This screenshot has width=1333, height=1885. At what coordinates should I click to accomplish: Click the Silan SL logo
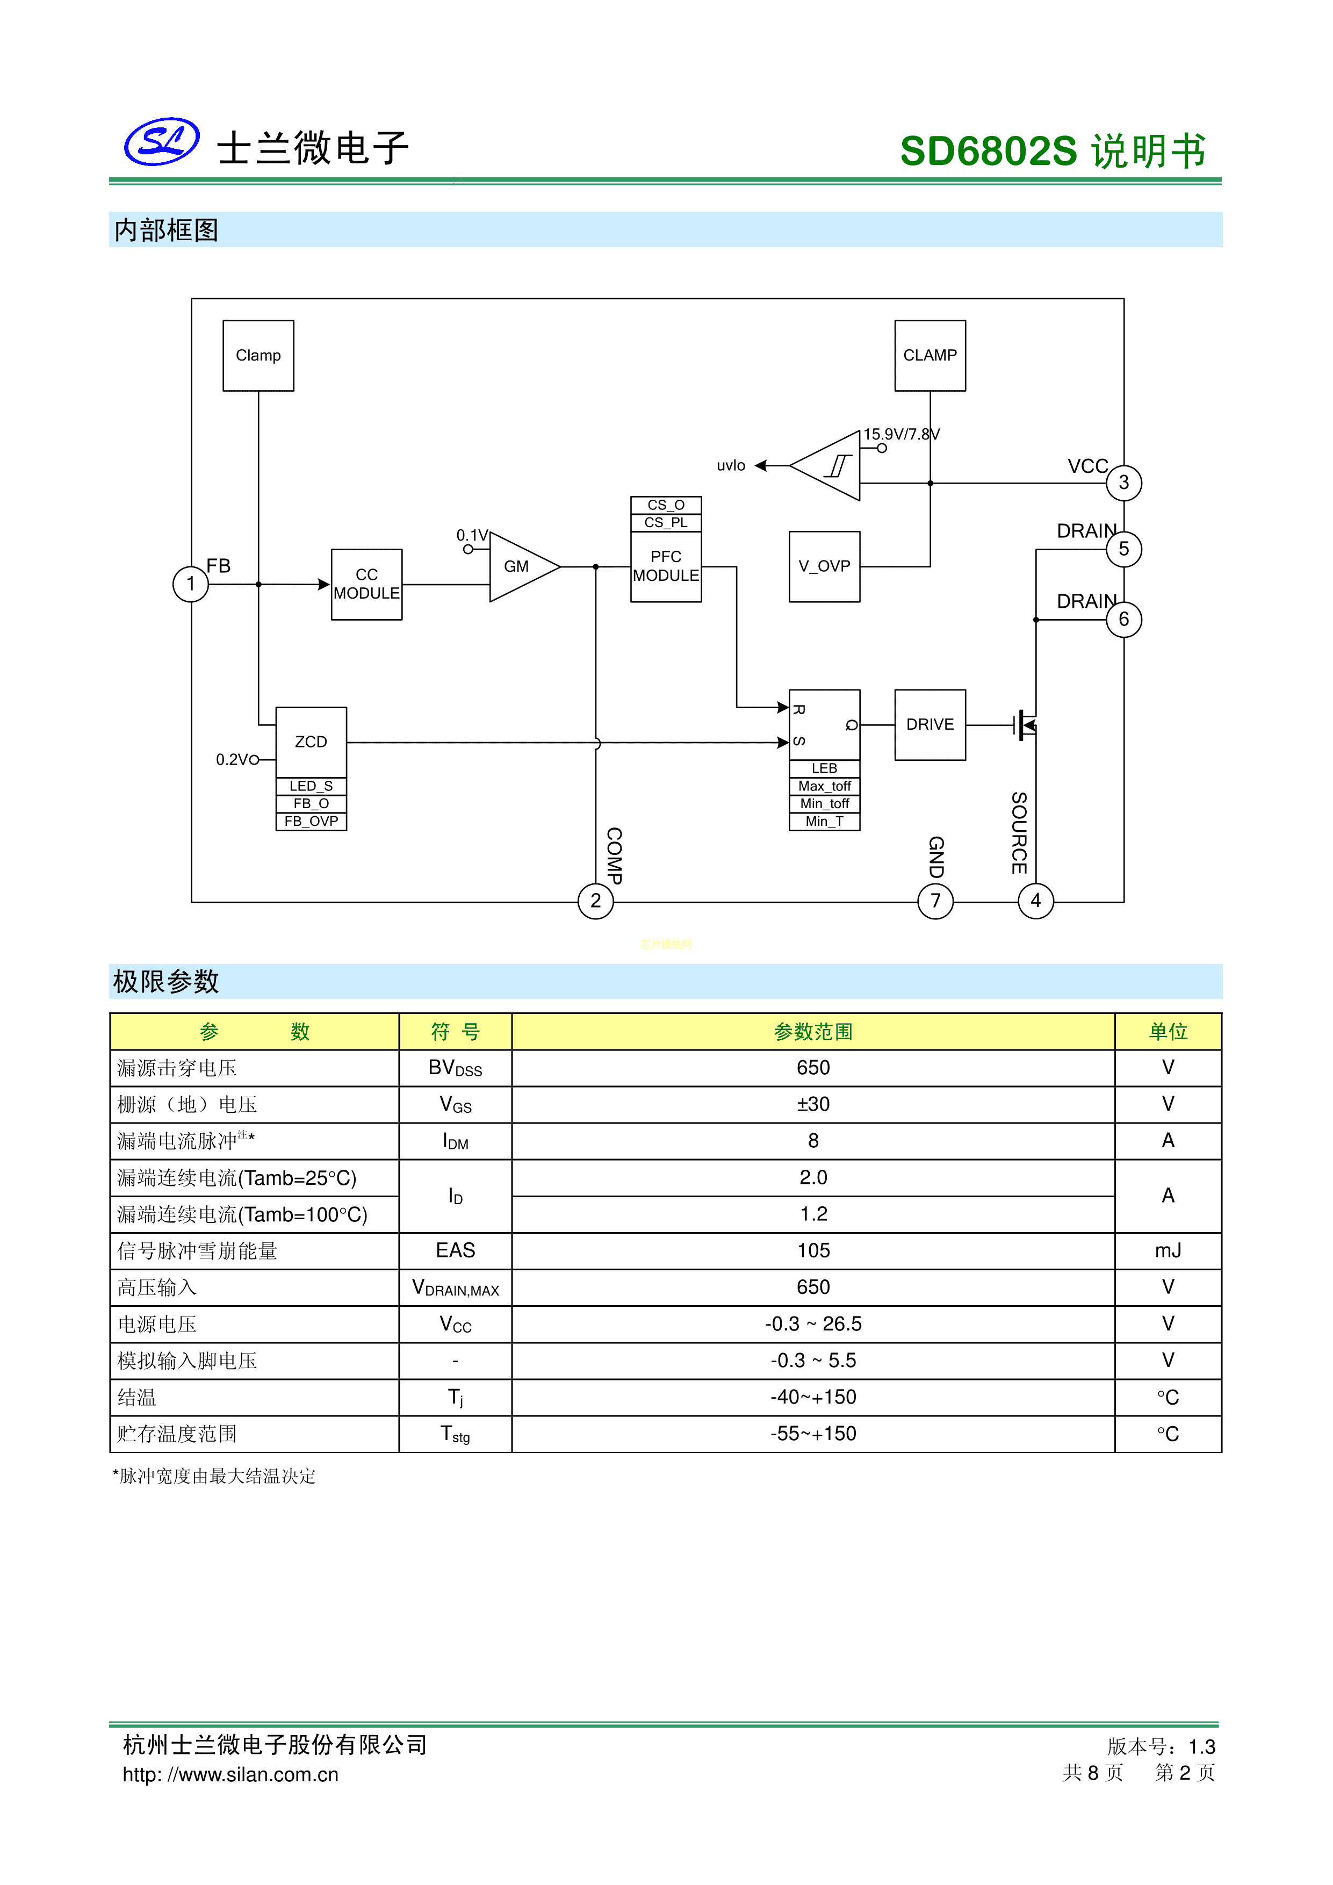(162, 141)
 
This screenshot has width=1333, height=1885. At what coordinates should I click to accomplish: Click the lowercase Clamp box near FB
(258, 356)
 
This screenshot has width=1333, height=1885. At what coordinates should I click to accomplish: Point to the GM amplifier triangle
(519, 566)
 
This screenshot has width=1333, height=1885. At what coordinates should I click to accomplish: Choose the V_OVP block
(824, 566)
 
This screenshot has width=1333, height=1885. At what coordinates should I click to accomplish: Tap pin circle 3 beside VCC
(1123, 483)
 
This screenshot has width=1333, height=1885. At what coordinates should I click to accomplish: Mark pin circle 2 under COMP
(595, 901)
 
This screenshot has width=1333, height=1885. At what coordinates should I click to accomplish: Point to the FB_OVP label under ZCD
(311, 821)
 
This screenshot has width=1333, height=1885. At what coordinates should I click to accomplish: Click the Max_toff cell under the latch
(824, 786)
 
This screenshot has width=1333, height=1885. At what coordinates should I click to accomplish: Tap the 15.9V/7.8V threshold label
(900, 434)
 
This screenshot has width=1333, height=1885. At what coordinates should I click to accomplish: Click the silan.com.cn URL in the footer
(230, 1774)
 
